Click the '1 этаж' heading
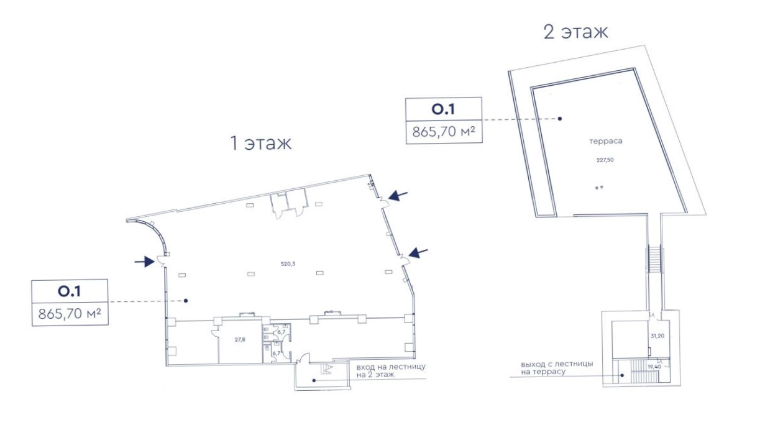pos(260,143)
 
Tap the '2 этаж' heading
pos(575,32)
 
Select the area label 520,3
pos(288,263)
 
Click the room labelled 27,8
pos(240,339)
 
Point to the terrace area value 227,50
pos(605,160)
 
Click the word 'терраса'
pos(606,141)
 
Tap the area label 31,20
pos(657,336)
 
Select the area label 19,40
pos(654,367)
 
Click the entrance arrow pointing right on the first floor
pos(145,262)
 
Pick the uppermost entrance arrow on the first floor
pos(398,196)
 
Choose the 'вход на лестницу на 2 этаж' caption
pos(391,371)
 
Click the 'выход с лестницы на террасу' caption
pos(557,368)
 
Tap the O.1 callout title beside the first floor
pos(69,291)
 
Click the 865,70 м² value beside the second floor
pos(444,132)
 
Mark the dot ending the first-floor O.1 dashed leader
pos(186,301)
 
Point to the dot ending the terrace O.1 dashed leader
pos(560,119)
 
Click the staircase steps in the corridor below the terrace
pos(655,258)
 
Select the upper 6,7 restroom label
pos(282,332)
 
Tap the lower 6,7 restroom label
pos(277,354)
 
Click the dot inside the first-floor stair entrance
pos(314,380)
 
